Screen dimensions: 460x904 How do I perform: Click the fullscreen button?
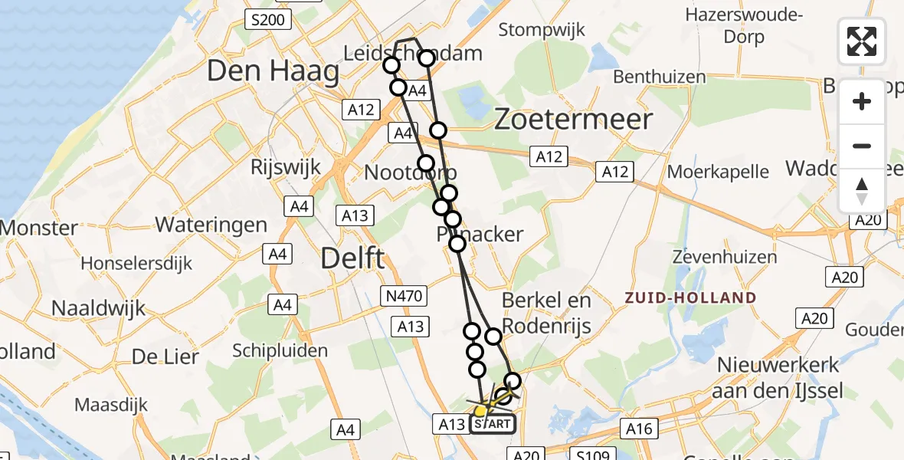click(862, 41)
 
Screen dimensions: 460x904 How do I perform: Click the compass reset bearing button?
click(862, 191)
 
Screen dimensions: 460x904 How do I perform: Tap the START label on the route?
click(492, 423)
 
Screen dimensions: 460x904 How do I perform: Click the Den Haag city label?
click(273, 72)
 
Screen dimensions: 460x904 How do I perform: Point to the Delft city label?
click(352, 258)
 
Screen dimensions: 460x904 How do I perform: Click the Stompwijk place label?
click(542, 30)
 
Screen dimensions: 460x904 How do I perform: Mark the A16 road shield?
click(637, 429)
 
